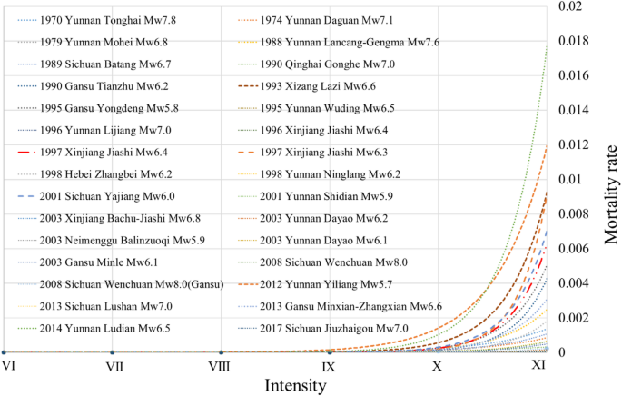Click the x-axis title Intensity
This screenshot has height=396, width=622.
click(x=295, y=385)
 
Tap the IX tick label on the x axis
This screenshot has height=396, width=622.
click(x=329, y=365)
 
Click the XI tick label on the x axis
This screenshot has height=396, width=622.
click(x=538, y=365)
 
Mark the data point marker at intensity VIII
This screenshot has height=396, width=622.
click(x=222, y=352)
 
